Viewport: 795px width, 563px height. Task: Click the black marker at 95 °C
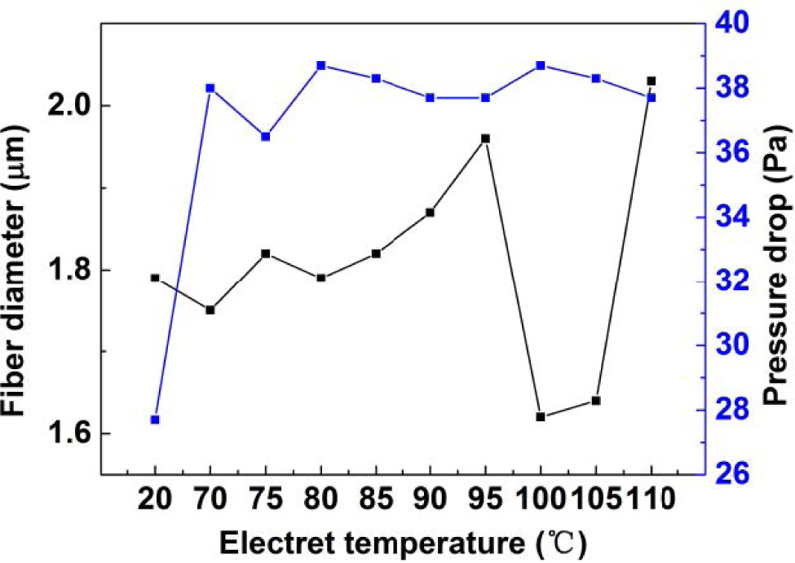click(x=485, y=139)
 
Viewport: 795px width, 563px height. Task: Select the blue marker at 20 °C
click(x=155, y=420)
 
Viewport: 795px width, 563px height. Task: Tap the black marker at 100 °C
click(x=541, y=416)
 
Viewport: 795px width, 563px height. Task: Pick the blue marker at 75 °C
click(x=265, y=136)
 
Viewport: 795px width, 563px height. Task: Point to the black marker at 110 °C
click(x=651, y=81)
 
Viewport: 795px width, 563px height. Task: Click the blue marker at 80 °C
click(x=321, y=65)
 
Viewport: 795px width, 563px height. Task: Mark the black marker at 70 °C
click(x=210, y=310)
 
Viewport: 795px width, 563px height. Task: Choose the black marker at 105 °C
click(x=596, y=400)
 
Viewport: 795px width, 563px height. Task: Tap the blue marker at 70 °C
click(x=210, y=88)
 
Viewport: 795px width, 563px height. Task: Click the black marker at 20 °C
click(x=155, y=278)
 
